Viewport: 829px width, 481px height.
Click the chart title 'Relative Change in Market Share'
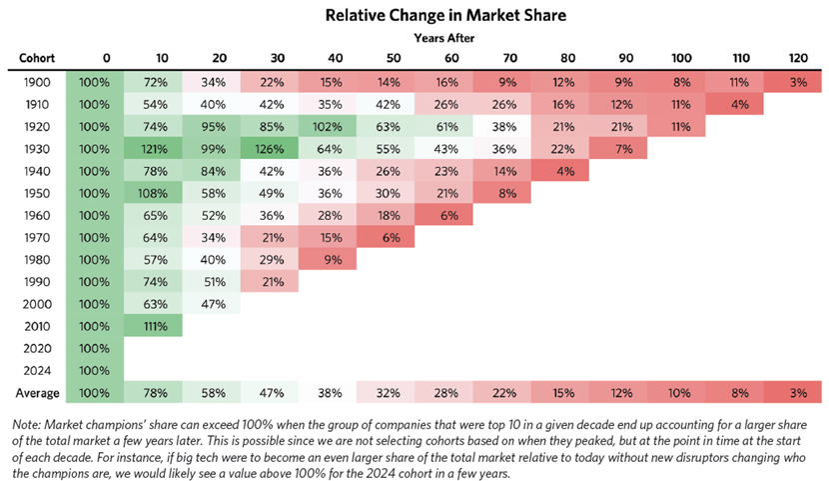(414, 17)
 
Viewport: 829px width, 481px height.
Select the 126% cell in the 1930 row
(269, 149)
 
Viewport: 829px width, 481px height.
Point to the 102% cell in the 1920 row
(327, 126)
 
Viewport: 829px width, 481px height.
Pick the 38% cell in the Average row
(327, 389)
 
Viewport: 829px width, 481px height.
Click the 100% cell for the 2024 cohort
(95, 368)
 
